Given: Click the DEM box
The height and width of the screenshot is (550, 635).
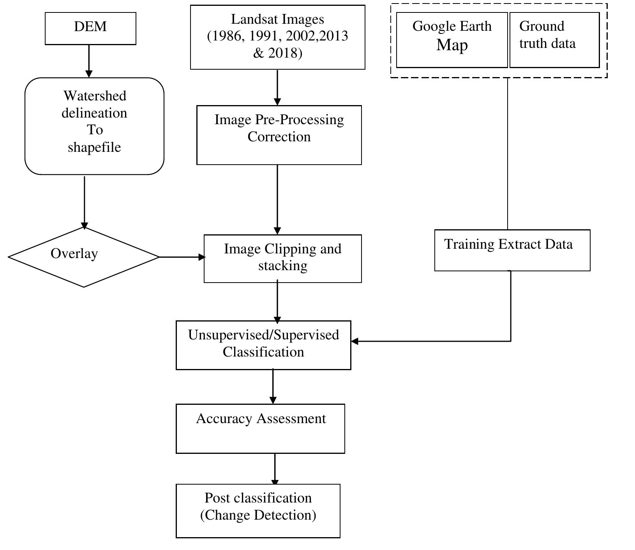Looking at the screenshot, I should tap(90, 28).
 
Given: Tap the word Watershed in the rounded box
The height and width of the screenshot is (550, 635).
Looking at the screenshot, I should tap(95, 96).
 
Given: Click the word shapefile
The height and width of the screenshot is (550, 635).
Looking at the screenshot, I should tap(94, 147).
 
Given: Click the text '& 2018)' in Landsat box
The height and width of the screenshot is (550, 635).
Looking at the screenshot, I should tap(277, 53).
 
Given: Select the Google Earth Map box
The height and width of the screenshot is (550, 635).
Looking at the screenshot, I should tap(452, 40).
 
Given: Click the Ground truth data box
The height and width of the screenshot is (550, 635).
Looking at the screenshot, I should tap(554, 40).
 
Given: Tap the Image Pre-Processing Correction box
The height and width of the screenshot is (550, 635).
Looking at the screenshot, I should tap(279, 135).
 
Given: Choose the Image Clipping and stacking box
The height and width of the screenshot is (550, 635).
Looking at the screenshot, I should tap(282, 258).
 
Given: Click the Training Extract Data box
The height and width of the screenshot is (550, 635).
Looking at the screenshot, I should tap(512, 250).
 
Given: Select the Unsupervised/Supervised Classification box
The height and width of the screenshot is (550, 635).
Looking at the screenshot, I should tap(263, 345).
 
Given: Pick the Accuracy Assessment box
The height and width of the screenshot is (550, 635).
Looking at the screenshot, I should tap(260, 428).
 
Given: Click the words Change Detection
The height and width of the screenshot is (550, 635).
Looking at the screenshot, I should tap(258, 515).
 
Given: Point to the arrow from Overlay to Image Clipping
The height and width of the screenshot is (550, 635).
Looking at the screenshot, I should tap(182, 257).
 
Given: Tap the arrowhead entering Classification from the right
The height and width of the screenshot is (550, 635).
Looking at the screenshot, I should tap(355, 341).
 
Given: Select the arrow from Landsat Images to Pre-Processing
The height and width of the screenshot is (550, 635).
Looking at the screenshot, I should tap(277, 87).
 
